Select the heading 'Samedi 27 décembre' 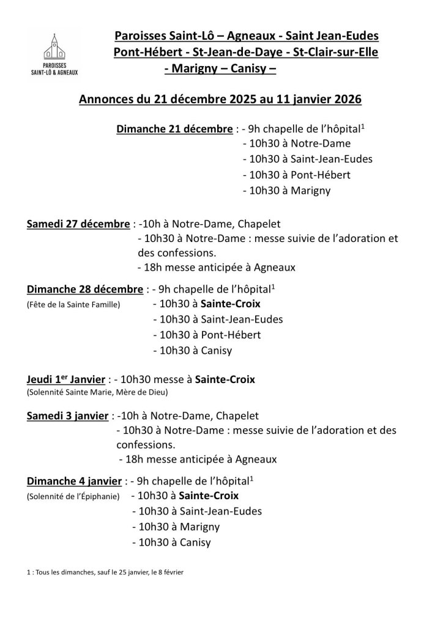78,224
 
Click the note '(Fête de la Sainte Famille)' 73,304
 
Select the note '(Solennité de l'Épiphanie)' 73,495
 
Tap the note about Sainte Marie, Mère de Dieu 97,392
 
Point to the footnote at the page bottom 105,572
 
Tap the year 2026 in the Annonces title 344,99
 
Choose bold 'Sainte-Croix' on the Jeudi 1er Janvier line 225,379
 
